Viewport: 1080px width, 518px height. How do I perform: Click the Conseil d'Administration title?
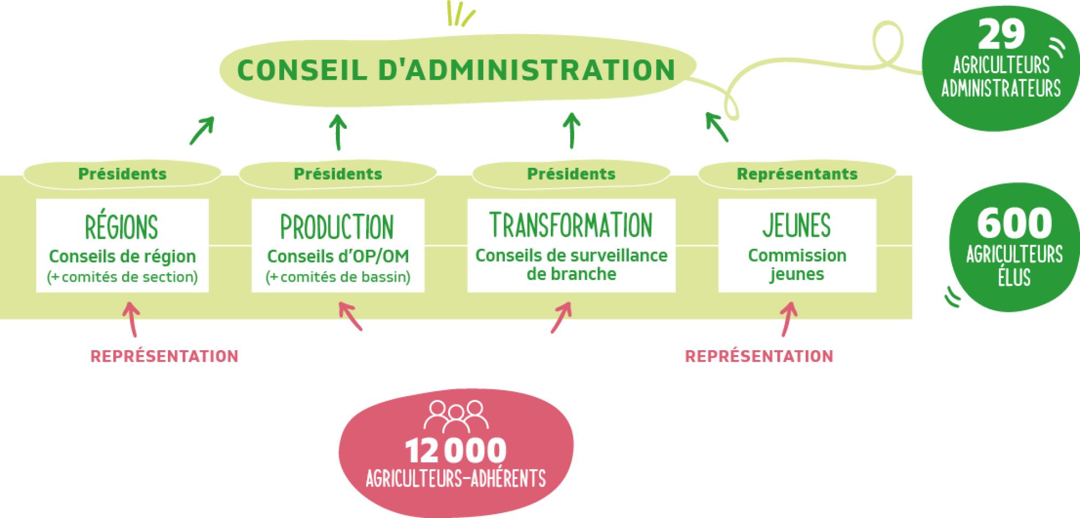coord(456,70)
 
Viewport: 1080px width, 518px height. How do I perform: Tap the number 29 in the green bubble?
coord(1001,35)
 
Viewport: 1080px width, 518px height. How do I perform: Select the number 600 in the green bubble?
coord(1014,223)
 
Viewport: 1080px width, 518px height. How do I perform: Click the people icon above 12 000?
coord(456,415)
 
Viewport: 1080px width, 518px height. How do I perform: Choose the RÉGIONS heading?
coord(122,227)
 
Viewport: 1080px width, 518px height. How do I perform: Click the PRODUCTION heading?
coord(337,227)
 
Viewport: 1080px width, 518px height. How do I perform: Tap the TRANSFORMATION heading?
coord(571,225)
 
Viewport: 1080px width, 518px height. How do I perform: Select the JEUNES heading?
coord(796,225)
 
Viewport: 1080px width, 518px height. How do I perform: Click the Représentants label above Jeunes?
coord(797,174)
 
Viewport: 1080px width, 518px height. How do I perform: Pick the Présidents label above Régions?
coord(123,174)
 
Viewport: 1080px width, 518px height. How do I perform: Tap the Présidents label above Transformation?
coord(571,174)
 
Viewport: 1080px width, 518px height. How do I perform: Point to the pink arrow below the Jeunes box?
coord(788,319)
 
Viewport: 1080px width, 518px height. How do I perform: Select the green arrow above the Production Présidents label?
coord(338,131)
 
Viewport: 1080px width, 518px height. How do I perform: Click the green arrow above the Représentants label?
coord(717,127)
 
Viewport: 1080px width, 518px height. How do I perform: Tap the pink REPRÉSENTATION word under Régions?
coord(164,357)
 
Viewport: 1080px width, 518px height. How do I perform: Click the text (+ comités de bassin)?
coord(338,277)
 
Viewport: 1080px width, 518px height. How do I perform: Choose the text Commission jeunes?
coord(797,264)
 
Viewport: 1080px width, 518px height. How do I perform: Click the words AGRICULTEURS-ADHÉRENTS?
coord(456,479)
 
